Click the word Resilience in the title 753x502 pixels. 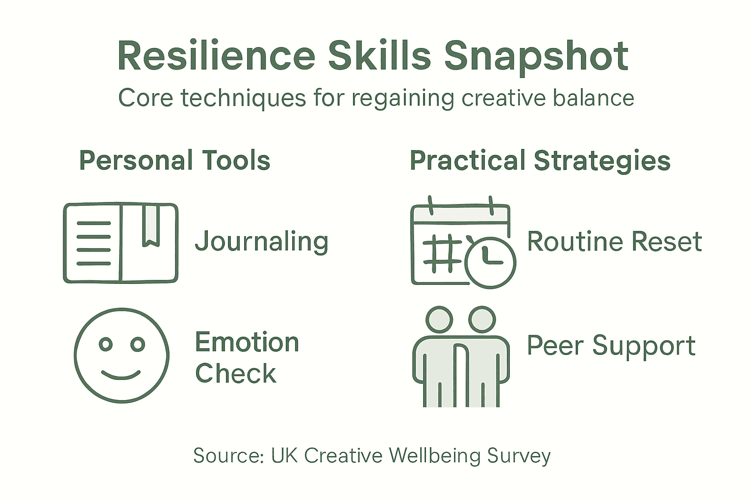click(x=216, y=56)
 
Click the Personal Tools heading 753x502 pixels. click(x=175, y=161)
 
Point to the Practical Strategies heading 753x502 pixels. click(x=540, y=161)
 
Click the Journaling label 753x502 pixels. click(x=261, y=242)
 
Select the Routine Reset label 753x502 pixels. click(x=614, y=242)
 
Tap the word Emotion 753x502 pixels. click(x=247, y=342)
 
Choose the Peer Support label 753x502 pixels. click(x=611, y=346)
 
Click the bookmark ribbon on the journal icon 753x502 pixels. click(x=151, y=226)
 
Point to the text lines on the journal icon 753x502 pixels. click(x=94, y=243)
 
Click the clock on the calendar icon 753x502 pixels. click(x=490, y=262)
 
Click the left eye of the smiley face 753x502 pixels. click(x=106, y=344)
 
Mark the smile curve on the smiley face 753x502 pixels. click(x=121, y=376)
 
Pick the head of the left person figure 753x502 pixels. click(x=439, y=320)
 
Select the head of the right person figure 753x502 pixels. click(x=482, y=320)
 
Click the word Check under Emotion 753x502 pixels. click(x=235, y=374)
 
